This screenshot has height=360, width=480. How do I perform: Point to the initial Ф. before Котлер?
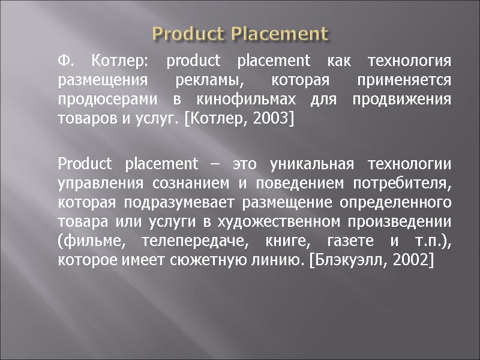coord(65,61)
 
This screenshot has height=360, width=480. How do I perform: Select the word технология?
coord(409,61)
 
